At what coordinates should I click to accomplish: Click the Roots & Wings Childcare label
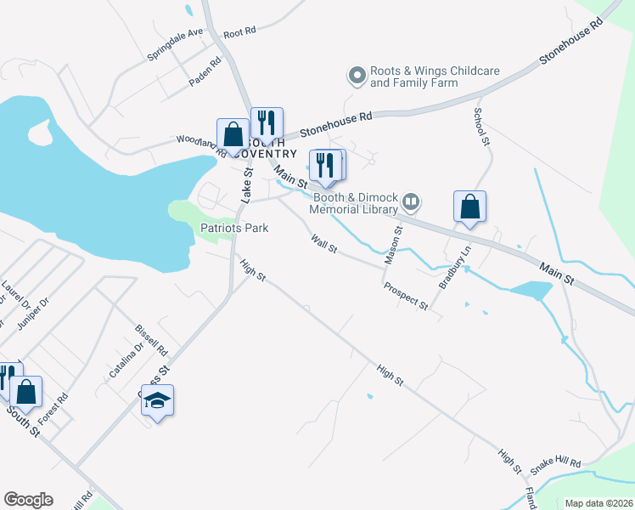point(435,77)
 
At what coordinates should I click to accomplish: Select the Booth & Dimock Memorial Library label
point(353,203)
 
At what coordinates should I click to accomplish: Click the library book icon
point(412,201)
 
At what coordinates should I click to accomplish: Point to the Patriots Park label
point(234,228)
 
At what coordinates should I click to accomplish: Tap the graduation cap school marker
point(157,399)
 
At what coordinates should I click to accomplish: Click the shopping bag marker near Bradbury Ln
point(469,207)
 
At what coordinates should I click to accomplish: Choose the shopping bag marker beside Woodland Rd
point(233,135)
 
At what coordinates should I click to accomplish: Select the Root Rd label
point(239,34)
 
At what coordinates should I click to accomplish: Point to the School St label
point(482,126)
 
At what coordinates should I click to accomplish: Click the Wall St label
point(324,245)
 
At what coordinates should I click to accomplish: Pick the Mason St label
point(392,244)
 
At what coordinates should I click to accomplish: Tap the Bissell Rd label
point(152,340)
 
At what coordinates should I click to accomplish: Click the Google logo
point(28,500)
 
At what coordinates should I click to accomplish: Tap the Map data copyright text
point(599,503)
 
